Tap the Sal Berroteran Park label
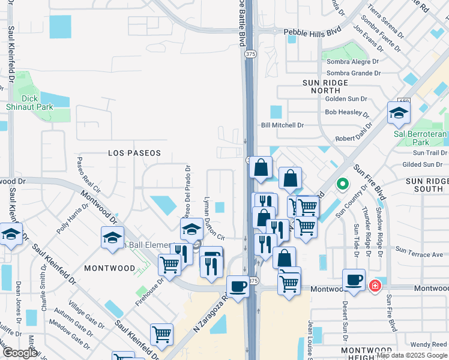click(x=420, y=138)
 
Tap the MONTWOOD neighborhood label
click(x=109, y=268)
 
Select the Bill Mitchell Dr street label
click(x=282, y=125)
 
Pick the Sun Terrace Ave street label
click(x=420, y=254)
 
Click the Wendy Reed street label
click(x=429, y=344)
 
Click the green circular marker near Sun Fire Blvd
click(x=342, y=184)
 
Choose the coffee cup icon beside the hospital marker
click(x=354, y=280)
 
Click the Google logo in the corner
click(x=20, y=353)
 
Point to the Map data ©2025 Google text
click(x=412, y=355)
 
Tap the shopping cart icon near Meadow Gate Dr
click(x=161, y=334)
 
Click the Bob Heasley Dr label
click(x=346, y=112)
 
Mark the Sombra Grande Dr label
click(x=353, y=73)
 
